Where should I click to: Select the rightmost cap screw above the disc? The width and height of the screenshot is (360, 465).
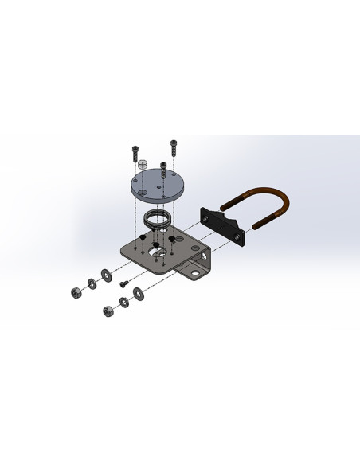(x=173, y=148)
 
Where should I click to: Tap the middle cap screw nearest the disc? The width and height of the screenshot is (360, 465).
(x=162, y=169)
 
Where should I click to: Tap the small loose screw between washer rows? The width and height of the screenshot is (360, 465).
(x=123, y=283)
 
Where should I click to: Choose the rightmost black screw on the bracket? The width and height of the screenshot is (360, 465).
(x=170, y=239)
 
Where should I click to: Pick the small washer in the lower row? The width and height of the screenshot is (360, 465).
(x=123, y=302)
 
